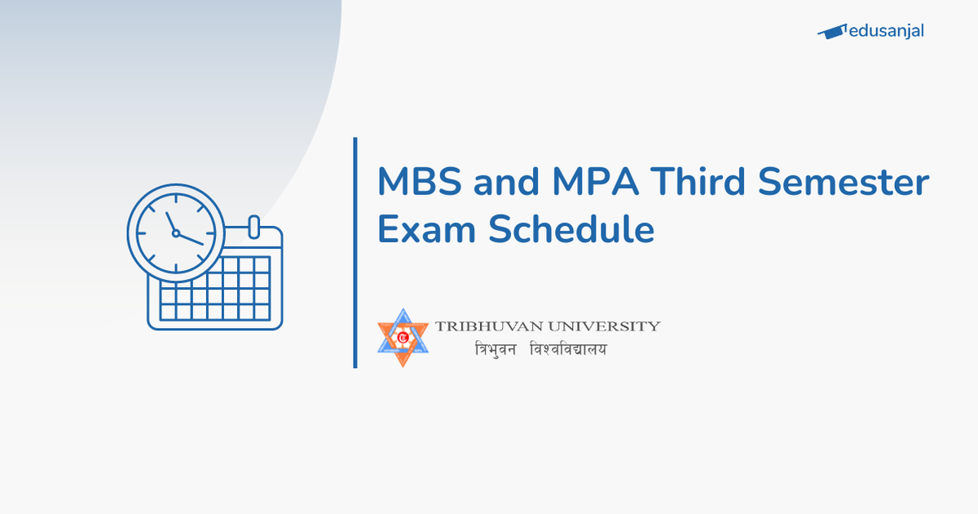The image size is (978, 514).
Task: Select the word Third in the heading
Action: tap(691, 182)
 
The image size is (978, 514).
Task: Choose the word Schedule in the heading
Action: tap(570, 229)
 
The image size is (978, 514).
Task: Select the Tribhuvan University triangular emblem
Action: tap(403, 337)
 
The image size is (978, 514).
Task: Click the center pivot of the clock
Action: tap(175, 233)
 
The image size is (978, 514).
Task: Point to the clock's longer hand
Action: tap(191, 239)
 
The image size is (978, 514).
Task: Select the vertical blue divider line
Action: tap(355, 252)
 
